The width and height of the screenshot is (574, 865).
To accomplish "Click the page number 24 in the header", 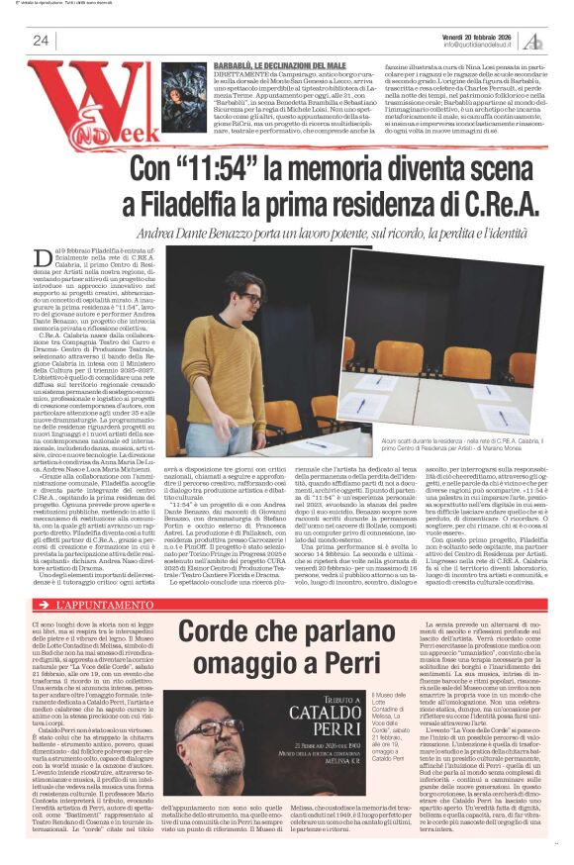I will coord(41,41).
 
